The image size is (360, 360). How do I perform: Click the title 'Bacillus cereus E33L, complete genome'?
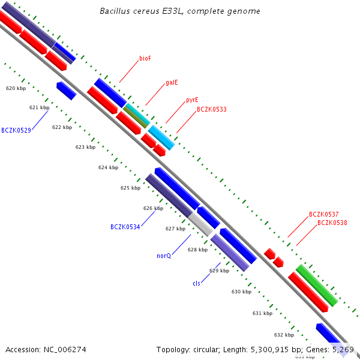coord(179,11)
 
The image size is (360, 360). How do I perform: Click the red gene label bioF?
coord(145,58)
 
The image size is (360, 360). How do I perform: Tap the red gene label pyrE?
coord(192,100)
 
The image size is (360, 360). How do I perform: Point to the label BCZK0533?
coord(212,110)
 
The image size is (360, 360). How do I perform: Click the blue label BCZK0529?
coord(16,130)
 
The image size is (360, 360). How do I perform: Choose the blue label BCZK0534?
coord(125,227)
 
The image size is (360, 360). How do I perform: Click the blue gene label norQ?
coord(164,256)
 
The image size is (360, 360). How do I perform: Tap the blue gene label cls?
coord(196,283)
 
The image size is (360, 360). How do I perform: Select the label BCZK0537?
coord(324,214)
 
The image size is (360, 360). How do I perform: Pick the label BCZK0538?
coord(332,223)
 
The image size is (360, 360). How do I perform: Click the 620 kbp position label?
coord(16,88)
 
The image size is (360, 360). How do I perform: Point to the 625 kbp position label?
coord(130,188)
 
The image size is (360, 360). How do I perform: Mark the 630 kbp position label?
coord(241,292)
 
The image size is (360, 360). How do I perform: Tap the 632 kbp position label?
coord(284,335)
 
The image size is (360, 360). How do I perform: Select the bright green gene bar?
coord(316,285)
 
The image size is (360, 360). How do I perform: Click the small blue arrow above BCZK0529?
coord(66,91)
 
